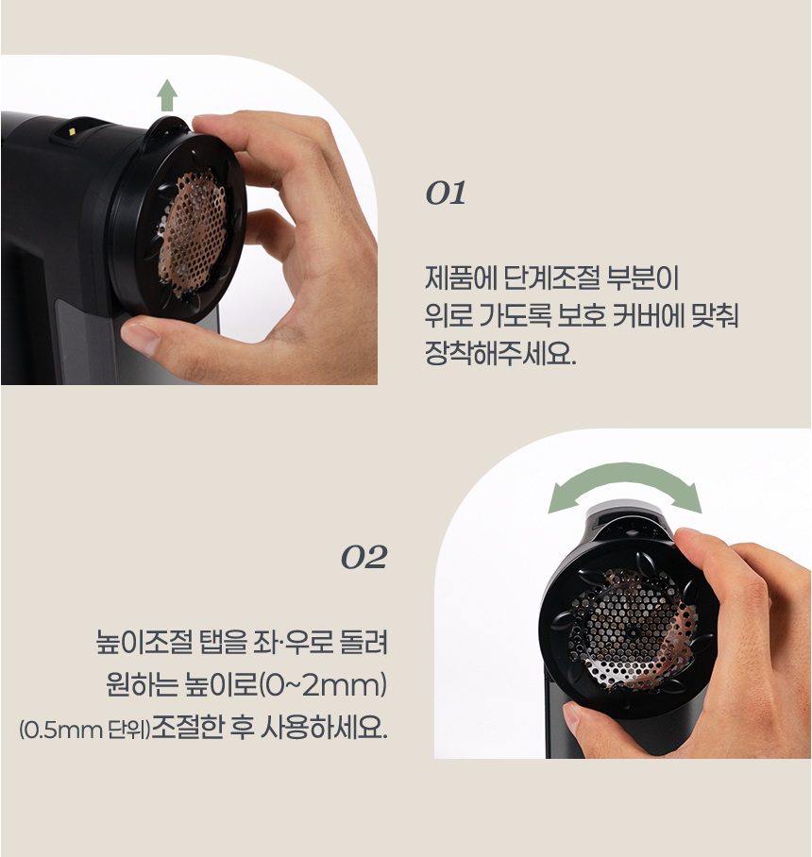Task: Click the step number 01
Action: click(x=446, y=194)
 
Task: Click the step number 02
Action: click(x=364, y=558)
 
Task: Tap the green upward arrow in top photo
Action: click(x=167, y=94)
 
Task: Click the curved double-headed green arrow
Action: click(x=625, y=487)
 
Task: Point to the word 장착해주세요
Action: click(x=499, y=356)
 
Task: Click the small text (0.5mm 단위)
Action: click(x=84, y=731)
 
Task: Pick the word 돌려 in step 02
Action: click(x=361, y=647)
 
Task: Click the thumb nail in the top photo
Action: click(x=141, y=335)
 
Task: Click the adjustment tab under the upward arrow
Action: click(x=167, y=124)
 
